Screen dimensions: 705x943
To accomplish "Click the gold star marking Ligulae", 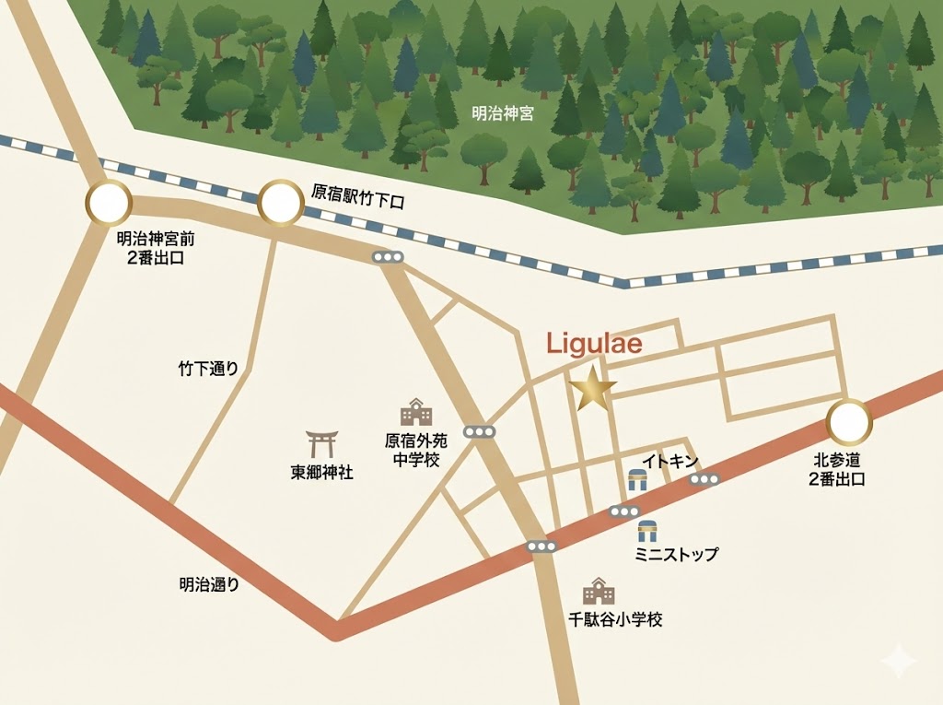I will [x=592, y=390].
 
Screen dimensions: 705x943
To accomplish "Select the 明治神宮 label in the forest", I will [x=502, y=114].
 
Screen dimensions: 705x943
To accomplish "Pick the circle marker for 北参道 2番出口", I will [x=849, y=423].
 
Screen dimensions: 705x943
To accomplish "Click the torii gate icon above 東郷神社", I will [x=321, y=444].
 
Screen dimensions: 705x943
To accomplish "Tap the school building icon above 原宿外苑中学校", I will [x=415, y=412].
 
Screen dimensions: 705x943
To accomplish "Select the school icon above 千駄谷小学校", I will [x=599, y=591].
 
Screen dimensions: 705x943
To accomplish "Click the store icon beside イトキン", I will [x=637, y=479].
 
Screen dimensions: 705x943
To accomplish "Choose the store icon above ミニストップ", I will [x=648, y=530].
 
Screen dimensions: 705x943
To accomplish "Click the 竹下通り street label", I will [x=208, y=369].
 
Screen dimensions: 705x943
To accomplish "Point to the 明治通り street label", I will [x=209, y=583].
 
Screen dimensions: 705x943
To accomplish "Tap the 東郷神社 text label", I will [x=321, y=474].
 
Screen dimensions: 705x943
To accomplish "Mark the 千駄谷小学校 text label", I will [x=614, y=619].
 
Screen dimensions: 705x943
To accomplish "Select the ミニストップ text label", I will [x=676, y=554].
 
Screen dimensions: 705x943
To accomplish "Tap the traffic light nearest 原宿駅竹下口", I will [x=388, y=258].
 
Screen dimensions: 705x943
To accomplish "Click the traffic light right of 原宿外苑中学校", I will [x=480, y=431].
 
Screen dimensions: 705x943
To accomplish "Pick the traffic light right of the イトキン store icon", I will [x=704, y=478].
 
